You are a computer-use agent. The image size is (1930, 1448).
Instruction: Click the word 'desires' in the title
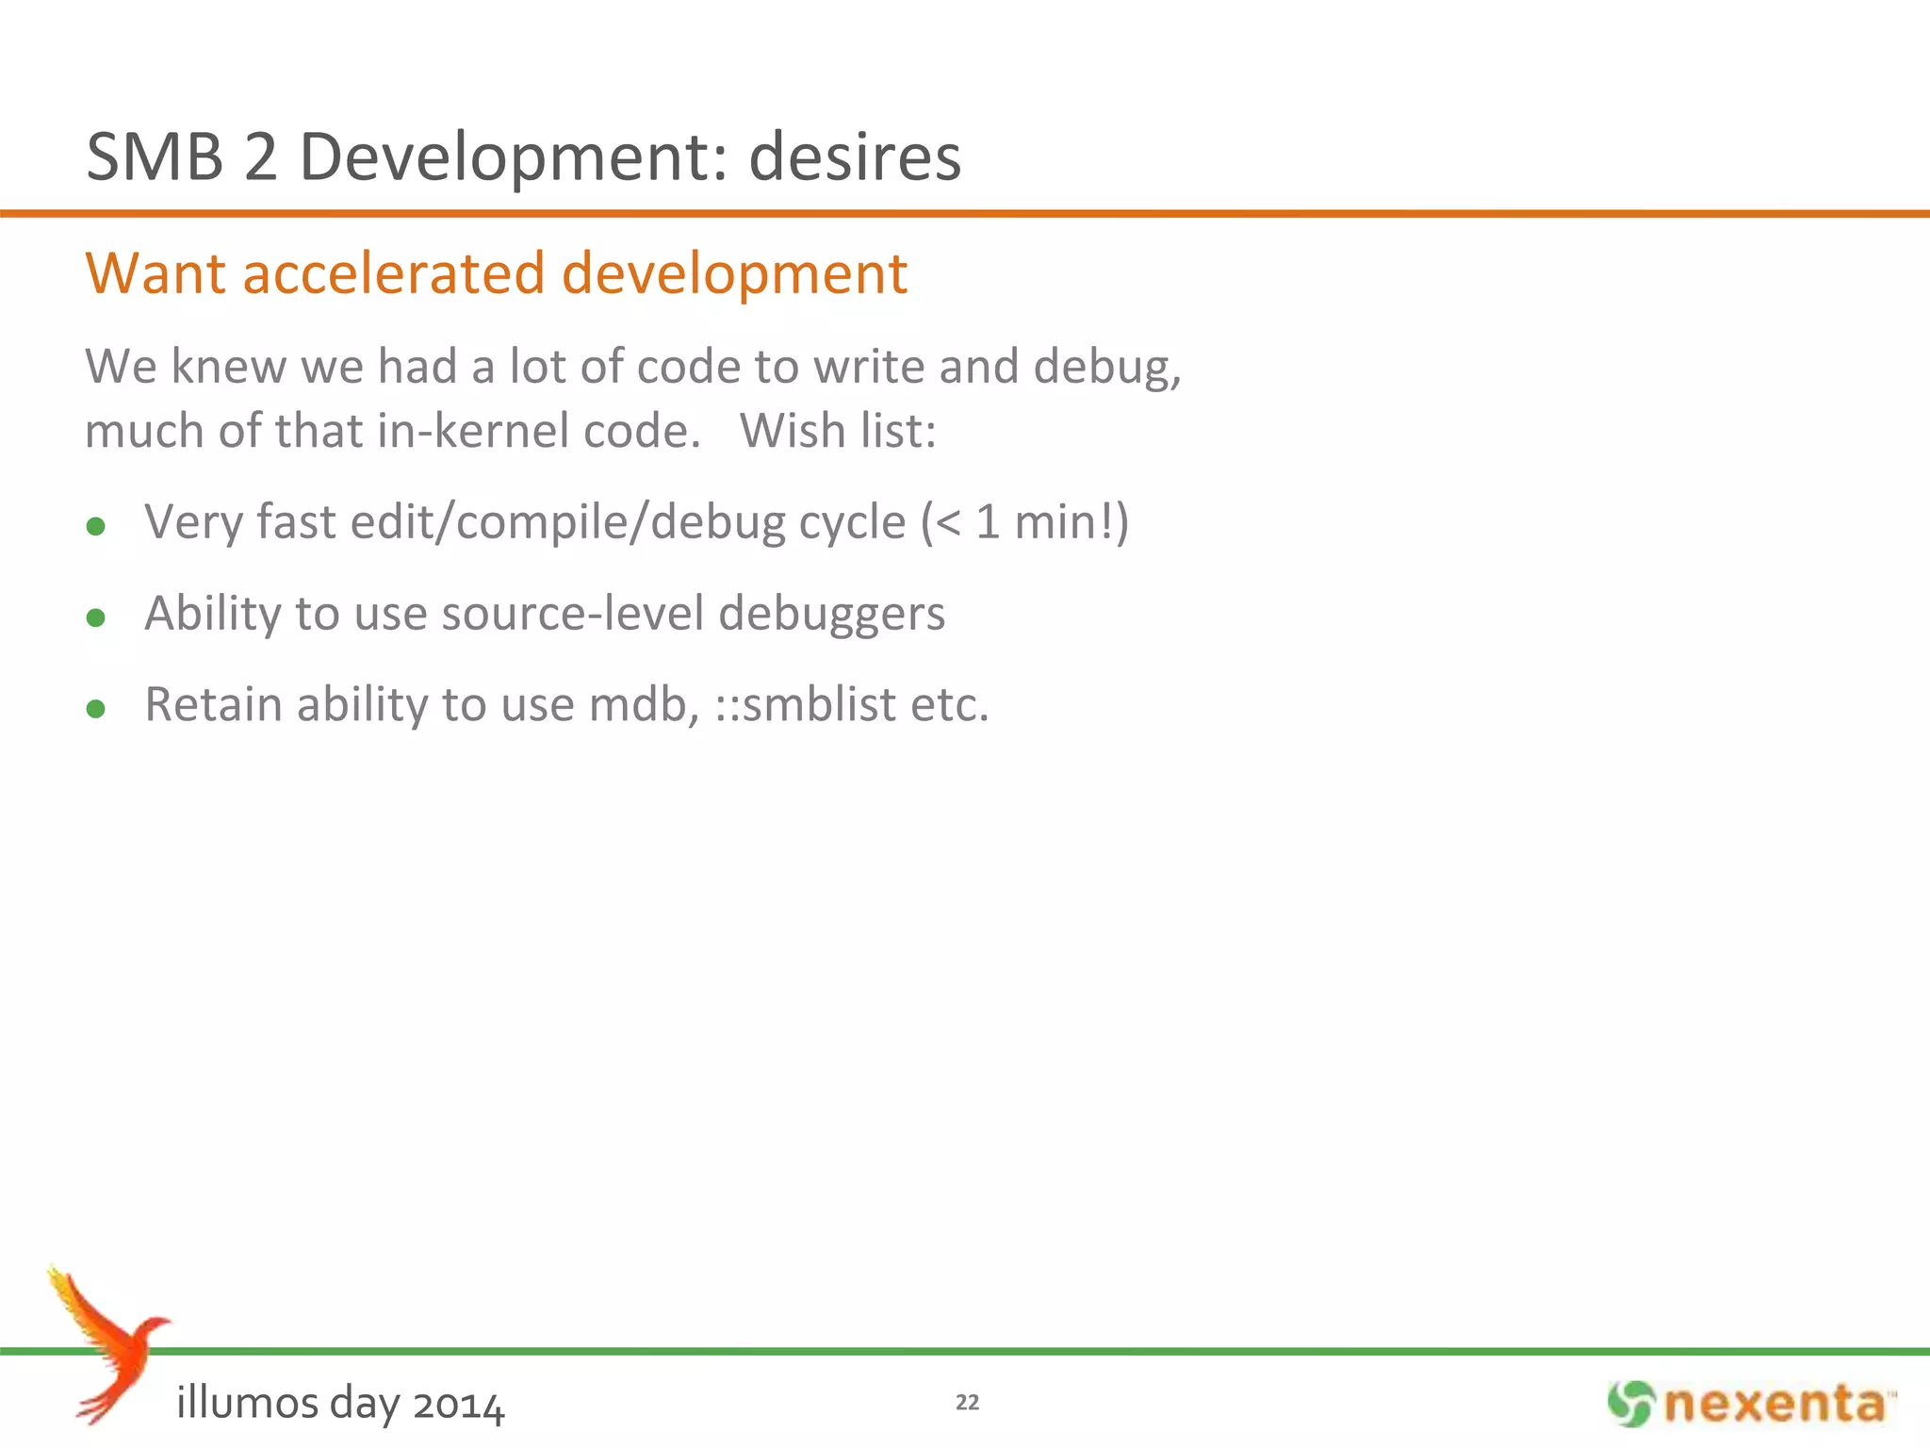pyautogui.click(x=855, y=156)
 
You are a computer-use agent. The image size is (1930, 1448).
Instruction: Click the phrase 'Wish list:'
pyautogui.click(x=838, y=431)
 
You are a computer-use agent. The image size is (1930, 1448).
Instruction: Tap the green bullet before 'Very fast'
pyautogui.click(x=95, y=526)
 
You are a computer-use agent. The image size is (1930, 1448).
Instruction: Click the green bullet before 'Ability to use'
pyautogui.click(x=95, y=617)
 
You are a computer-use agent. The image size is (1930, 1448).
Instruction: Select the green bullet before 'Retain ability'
pyautogui.click(x=95, y=708)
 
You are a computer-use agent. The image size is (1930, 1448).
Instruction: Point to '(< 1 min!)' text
pyautogui.click(x=1024, y=522)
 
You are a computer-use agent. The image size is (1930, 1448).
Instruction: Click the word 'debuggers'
pyautogui.click(x=831, y=616)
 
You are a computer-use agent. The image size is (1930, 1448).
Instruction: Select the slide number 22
pyautogui.click(x=967, y=1403)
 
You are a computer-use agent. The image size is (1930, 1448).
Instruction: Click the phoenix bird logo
pyautogui.click(x=108, y=1343)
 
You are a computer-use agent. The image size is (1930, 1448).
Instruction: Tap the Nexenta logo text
pyautogui.click(x=1775, y=1405)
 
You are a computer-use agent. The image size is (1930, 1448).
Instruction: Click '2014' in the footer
pyautogui.click(x=458, y=1405)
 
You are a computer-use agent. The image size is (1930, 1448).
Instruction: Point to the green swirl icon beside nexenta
pyautogui.click(x=1630, y=1404)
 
